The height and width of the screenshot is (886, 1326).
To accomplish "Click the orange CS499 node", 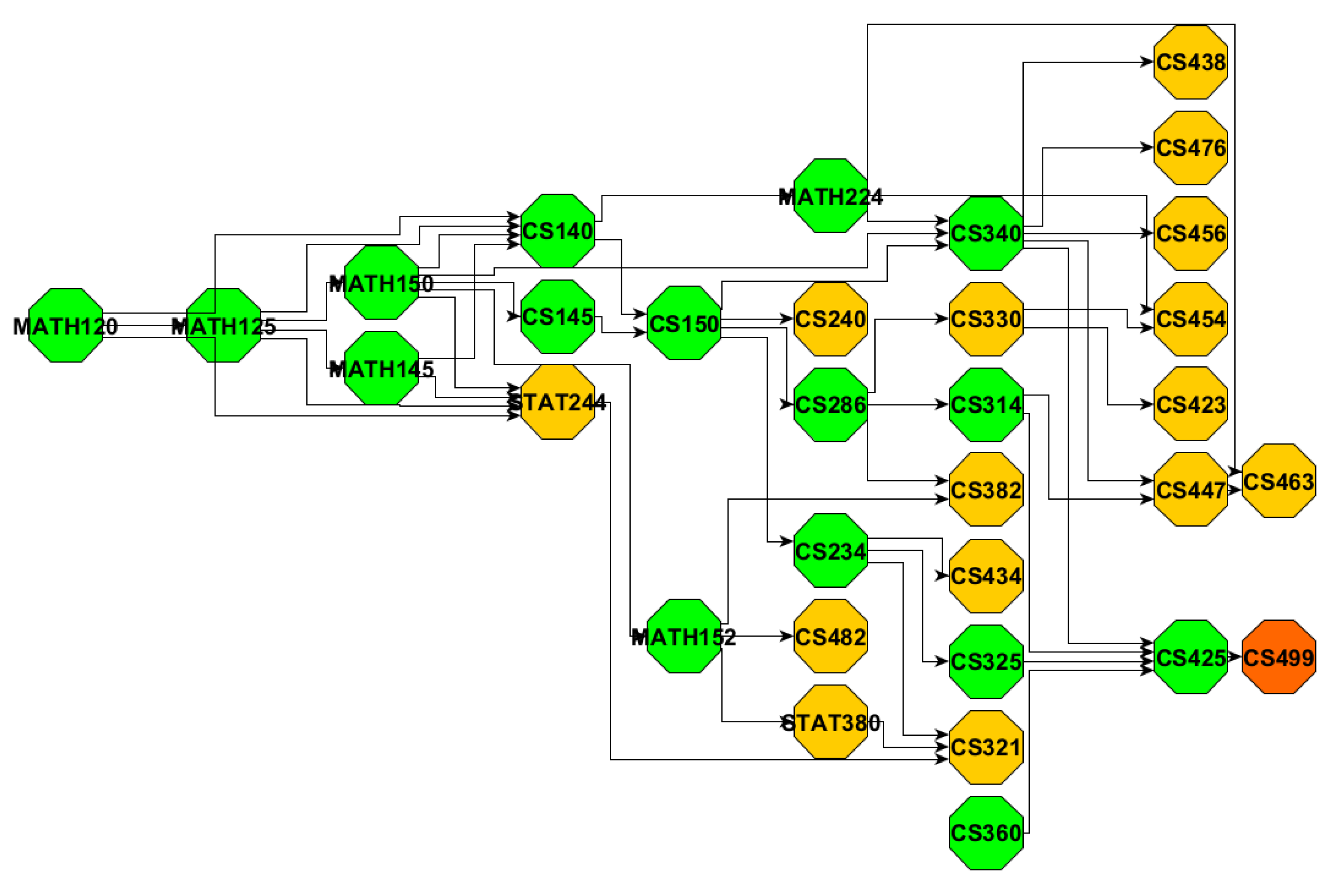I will click(1279, 657).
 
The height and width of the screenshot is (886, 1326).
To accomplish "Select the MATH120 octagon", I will click(66, 326).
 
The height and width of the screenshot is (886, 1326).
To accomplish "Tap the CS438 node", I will click(1190, 62).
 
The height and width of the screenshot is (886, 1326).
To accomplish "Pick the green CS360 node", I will click(986, 833).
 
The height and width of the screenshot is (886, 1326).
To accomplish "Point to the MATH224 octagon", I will click(830, 196).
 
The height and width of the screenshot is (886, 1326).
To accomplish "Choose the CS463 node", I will click(1279, 481).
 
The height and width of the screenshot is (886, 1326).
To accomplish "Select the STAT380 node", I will click(830, 722).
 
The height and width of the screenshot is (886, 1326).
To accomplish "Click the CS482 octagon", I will click(830, 636).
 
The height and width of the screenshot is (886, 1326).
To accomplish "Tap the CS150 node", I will click(684, 323).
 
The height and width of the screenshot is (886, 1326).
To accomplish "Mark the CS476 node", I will click(1190, 148).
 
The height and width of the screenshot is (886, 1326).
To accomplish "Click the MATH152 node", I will click(684, 636).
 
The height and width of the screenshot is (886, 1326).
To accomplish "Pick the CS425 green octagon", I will click(1190, 657).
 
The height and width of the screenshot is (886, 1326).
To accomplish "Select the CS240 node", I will click(830, 319).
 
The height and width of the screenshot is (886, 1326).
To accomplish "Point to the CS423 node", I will click(1190, 404).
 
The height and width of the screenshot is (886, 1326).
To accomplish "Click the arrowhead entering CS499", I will click(1236, 657).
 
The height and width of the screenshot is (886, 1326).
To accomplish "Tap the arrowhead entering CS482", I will click(787, 636).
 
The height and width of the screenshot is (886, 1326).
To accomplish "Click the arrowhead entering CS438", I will click(1148, 62).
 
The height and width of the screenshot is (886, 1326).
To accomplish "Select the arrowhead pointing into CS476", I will click(1148, 148).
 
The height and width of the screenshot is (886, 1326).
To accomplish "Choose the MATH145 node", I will click(381, 369).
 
